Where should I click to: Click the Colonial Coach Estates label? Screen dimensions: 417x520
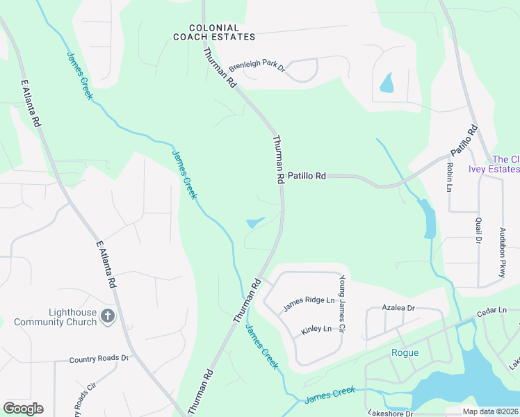(x=214, y=32)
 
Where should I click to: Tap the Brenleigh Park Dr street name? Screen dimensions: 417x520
(x=257, y=67)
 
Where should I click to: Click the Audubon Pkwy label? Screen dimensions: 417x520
(x=501, y=252)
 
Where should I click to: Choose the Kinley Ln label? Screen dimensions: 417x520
(x=316, y=329)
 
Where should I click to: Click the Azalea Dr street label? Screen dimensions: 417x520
(x=398, y=307)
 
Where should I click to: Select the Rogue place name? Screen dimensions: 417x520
(x=404, y=352)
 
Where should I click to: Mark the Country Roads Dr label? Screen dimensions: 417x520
(x=99, y=359)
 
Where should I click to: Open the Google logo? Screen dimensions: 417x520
(x=23, y=409)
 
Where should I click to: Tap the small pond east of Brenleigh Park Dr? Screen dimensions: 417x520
(x=386, y=85)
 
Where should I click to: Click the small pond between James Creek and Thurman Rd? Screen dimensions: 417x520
(x=255, y=222)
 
